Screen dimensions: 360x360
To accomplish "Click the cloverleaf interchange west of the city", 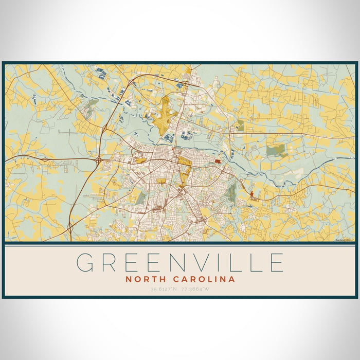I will pyautogui.click(x=98, y=161).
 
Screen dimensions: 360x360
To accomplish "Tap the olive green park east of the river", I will pyautogui.click(x=276, y=150).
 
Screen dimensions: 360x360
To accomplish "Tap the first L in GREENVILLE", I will pyautogui.click(x=237, y=262).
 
